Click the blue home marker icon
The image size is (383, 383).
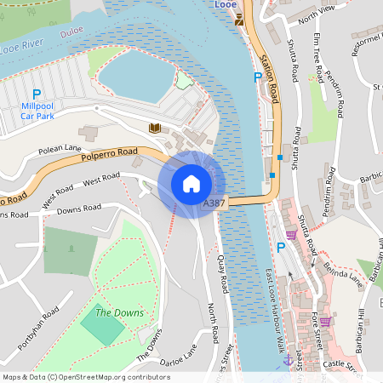pyautogui.click(x=191, y=184)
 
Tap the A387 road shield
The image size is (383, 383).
pyautogui.click(x=214, y=204)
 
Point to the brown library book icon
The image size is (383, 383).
pyautogui.click(x=155, y=128)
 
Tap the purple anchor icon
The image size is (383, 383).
pyautogui.click(x=288, y=359)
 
